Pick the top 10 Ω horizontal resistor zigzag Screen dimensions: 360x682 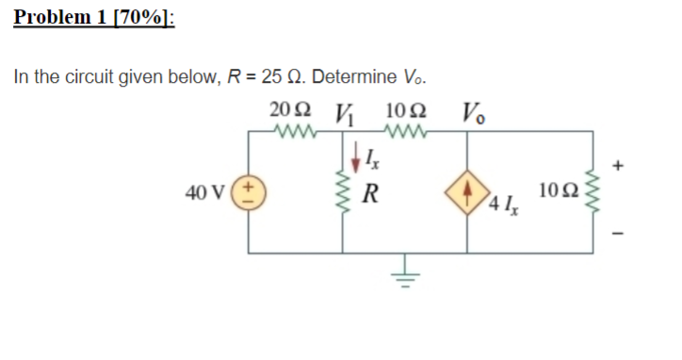pos(407,131)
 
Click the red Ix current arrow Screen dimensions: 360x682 pos(355,152)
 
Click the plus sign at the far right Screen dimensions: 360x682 pos(618,164)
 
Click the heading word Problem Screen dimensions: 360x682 pos(53,17)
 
